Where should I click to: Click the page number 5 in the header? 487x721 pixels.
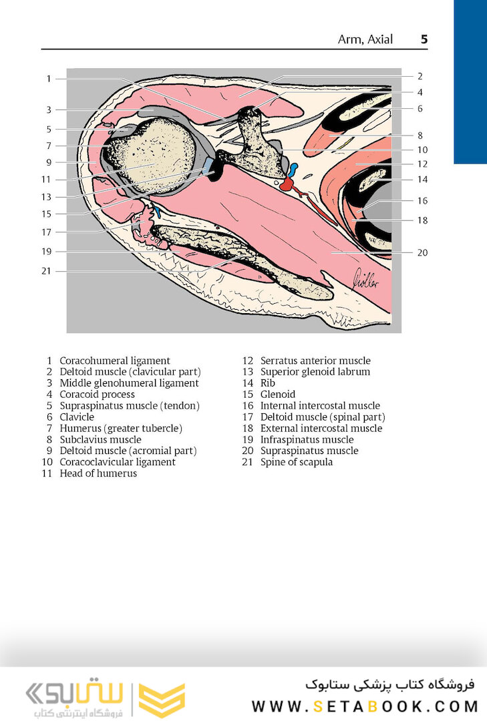click(424, 39)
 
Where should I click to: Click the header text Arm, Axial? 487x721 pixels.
click(365, 39)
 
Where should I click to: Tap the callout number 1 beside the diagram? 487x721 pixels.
click(49, 79)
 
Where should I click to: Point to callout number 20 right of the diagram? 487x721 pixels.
click(422, 252)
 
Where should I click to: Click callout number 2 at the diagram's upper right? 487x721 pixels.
click(420, 76)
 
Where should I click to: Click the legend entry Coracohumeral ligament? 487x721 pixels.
click(115, 360)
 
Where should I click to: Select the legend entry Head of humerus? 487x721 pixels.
click(98, 473)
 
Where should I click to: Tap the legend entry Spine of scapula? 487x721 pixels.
click(296, 462)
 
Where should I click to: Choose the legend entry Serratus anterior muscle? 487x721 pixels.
click(315, 360)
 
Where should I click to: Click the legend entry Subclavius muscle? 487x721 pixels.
click(100, 439)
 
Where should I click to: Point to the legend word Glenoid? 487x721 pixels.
click(278, 395)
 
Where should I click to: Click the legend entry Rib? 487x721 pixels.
click(267, 383)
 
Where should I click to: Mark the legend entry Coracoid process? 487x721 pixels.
click(98, 395)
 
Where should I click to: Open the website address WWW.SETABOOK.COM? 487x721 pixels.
click(365, 706)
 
